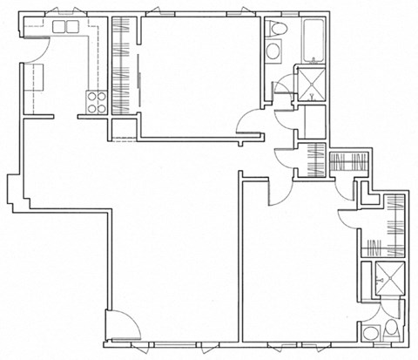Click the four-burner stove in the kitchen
[95, 103]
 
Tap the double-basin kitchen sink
[67, 27]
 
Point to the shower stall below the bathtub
[309, 85]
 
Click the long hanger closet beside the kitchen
[123, 65]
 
